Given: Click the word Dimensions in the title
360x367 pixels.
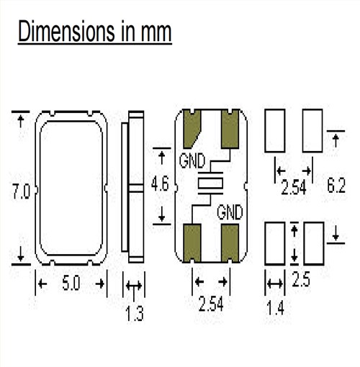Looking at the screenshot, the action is (66, 31).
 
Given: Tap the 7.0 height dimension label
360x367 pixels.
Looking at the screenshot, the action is (21, 191).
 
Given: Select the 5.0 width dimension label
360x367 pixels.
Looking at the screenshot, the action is (71, 284).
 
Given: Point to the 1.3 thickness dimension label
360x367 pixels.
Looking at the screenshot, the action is (135, 314).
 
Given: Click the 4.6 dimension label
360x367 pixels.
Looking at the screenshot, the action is (160, 184).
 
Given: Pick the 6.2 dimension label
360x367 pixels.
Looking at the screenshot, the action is (336, 186).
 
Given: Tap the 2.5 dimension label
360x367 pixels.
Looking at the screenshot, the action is (301, 279).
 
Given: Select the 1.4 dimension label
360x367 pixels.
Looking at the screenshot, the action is (275, 308).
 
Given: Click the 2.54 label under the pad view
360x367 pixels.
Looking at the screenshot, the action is (211, 304).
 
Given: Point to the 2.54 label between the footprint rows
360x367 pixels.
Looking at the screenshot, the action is (294, 187).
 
